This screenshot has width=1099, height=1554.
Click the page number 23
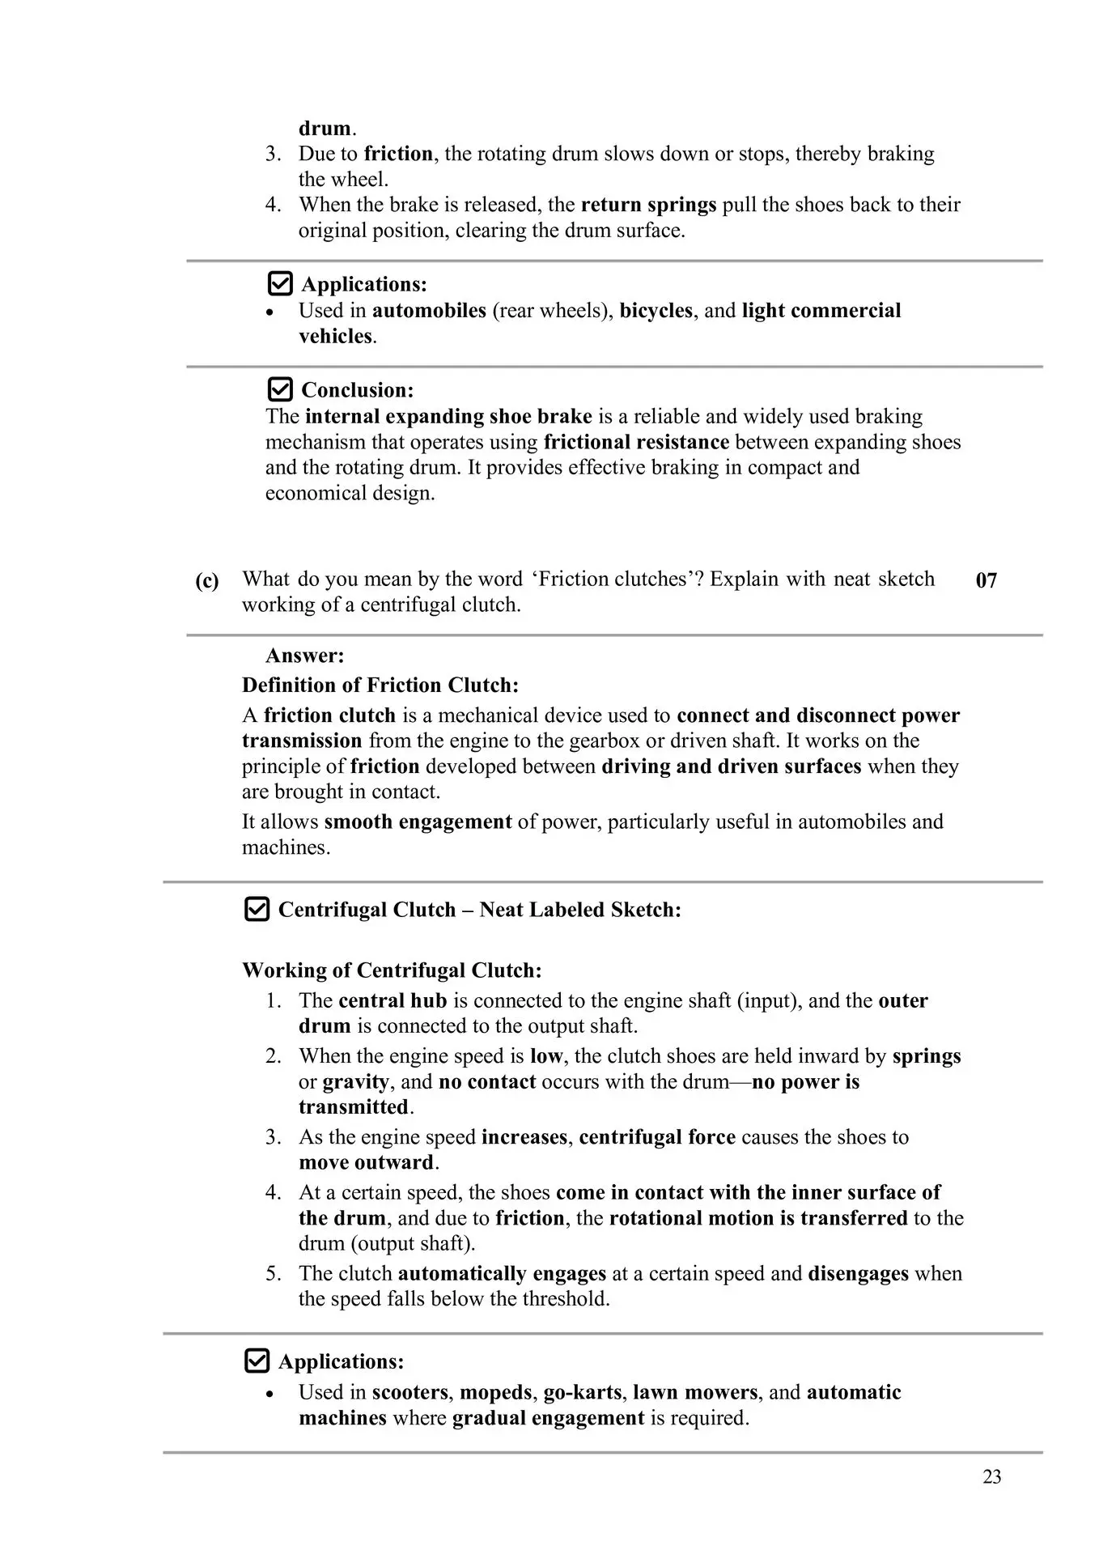[991, 1477]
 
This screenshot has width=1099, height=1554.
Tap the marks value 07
[986, 580]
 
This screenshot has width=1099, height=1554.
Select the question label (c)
[207, 580]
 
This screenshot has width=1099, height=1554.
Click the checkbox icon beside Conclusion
[279, 389]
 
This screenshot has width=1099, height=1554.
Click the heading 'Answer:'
[304, 655]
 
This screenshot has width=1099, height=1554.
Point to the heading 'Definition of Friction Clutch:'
[380, 685]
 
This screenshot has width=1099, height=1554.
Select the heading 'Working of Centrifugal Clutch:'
[392, 970]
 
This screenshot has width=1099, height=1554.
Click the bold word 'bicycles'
[656, 311]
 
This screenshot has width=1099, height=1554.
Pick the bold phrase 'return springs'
[648, 205]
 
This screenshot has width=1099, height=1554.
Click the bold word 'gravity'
[355, 1082]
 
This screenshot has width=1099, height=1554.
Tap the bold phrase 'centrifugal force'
[657, 1137]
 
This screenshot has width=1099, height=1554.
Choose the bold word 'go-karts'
[584, 1392]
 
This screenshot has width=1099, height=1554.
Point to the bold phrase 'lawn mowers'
[695, 1392]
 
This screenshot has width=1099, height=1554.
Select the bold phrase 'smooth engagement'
[418, 822]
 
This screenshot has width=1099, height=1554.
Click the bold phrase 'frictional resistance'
[636, 442]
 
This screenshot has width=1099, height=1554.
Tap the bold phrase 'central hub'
[392, 1000]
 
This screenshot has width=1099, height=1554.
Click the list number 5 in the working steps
[273, 1273]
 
